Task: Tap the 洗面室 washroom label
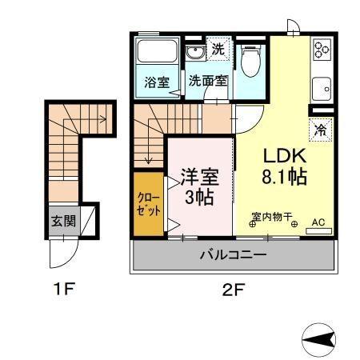tap(208, 81)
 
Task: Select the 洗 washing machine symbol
tap(218, 49)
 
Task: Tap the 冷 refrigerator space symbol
tap(319, 127)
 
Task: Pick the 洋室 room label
tap(201, 174)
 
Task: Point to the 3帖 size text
tap(200, 197)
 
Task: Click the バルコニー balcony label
tap(232, 256)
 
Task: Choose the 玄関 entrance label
tap(62, 219)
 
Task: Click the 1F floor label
tap(66, 290)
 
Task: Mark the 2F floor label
tap(231, 290)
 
